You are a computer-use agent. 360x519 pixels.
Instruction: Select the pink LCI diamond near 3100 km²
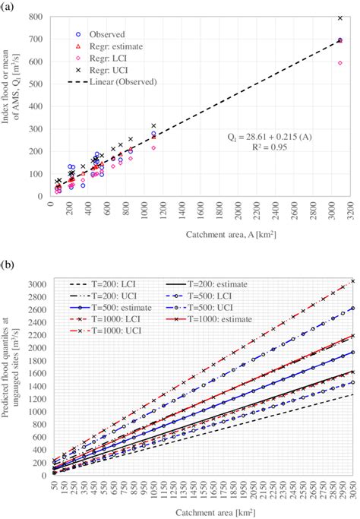pyautogui.click(x=339, y=63)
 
